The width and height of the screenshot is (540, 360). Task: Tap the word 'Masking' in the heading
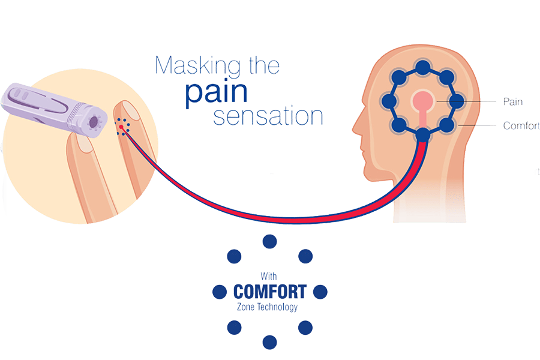pyautogui.click(x=193, y=65)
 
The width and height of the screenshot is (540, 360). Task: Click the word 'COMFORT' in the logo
pyautogui.click(x=270, y=292)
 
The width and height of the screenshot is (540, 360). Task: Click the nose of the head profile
pyautogui.click(x=356, y=127)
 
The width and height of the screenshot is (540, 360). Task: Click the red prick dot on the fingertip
pyautogui.click(x=122, y=127)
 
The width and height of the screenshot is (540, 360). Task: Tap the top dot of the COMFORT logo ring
pyautogui.click(x=270, y=241)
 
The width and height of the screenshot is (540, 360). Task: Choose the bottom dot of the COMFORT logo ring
pyautogui.click(x=270, y=342)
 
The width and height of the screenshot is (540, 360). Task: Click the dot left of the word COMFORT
pyautogui.click(x=220, y=292)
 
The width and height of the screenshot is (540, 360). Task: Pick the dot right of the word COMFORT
pyautogui.click(x=320, y=292)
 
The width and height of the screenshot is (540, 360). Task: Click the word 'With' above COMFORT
pyautogui.click(x=268, y=277)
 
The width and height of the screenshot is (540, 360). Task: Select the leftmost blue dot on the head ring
pyautogui.click(x=389, y=101)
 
